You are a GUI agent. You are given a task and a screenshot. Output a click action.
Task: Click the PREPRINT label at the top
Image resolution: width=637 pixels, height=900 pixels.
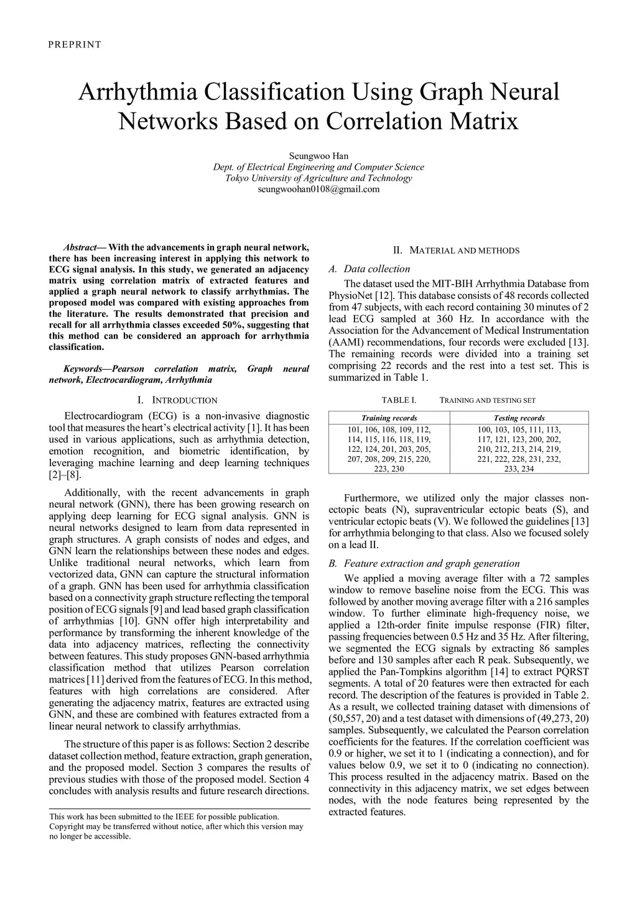(x=74, y=44)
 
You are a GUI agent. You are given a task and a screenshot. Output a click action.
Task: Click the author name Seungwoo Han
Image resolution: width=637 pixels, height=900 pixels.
(x=318, y=156)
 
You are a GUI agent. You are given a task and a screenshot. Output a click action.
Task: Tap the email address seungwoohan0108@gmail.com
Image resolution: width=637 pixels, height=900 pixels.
(x=318, y=189)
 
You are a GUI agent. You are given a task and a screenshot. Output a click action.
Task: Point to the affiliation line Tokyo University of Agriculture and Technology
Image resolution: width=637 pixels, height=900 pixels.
(x=318, y=178)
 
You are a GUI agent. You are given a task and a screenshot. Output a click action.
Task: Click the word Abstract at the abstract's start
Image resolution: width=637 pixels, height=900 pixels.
(x=80, y=247)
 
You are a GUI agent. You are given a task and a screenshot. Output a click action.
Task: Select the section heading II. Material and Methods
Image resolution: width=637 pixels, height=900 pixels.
(x=457, y=250)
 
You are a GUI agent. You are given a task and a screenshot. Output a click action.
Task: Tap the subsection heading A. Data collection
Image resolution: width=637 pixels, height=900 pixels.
(x=368, y=269)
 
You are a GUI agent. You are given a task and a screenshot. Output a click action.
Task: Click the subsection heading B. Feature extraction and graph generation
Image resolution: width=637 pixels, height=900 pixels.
(x=424, y=564)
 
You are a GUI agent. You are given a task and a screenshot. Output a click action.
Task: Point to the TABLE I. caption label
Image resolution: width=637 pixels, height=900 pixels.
(x=399, y=400)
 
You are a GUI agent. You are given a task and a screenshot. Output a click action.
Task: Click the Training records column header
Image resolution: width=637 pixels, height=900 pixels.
(x=389, y=418)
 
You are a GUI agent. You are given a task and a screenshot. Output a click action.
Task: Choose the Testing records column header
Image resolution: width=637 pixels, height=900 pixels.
(x=519, y=418)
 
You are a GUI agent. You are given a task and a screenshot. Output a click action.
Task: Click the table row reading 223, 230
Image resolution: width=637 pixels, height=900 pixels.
(x=389, y=469)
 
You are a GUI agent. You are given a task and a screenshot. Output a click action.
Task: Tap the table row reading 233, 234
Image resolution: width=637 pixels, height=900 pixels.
(x=519, y=469)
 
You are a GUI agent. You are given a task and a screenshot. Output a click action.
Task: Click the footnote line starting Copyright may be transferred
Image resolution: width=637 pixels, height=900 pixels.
(x=176, y=827)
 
